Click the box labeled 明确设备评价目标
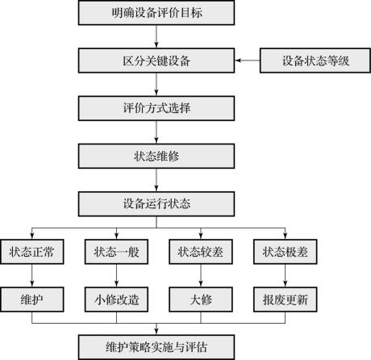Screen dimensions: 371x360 [156, 13]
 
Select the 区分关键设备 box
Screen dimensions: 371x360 [156, 61]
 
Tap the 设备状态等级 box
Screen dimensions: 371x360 [315, 61]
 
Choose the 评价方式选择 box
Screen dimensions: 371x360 [156, 108]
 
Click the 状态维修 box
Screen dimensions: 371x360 [156, 156]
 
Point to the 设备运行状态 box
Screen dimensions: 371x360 [156, 204]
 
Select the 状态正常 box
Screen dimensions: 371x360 [32, 252]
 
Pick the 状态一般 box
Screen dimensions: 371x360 [116, 252]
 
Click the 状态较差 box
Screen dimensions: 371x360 [201, 252]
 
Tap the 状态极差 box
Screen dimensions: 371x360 [286, 252]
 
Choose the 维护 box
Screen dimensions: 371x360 [32, 299]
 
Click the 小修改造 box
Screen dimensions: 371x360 [116, 299]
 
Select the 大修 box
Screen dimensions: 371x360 [201, 299]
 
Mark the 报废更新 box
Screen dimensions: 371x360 [286, 299]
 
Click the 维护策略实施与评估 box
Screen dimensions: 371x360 [156, 347]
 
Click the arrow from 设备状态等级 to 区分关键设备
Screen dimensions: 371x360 [248, 61]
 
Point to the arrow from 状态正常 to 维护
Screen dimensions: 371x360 [32, 276]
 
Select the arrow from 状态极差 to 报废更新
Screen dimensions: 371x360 [286, 276]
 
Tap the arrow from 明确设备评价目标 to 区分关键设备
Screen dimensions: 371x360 [156, 36]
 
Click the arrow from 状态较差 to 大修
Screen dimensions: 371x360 [201, 276]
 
